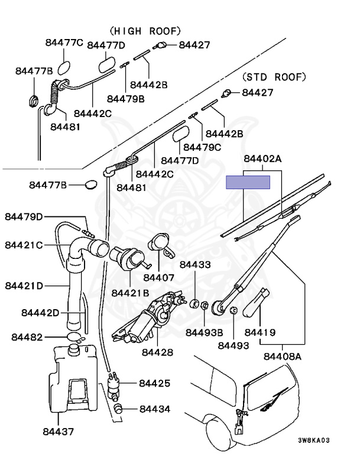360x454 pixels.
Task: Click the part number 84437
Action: coord(59,432)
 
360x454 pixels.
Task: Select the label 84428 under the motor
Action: coord(157,352)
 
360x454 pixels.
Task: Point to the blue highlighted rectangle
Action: coord(248,182)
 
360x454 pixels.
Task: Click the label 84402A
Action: coord(263,158)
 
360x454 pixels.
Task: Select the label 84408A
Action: coord(283,356)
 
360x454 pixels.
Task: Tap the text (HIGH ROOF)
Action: coord(145,31)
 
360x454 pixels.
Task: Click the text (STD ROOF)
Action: coord(274,77)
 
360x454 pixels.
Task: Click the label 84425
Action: coord(154,383)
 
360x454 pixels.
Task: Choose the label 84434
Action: coord(154,408)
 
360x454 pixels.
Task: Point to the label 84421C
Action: coord(24,245)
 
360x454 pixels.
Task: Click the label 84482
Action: coord(27,337)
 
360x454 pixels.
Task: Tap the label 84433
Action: coord(194,265)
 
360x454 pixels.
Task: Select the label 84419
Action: coord(260,333)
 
